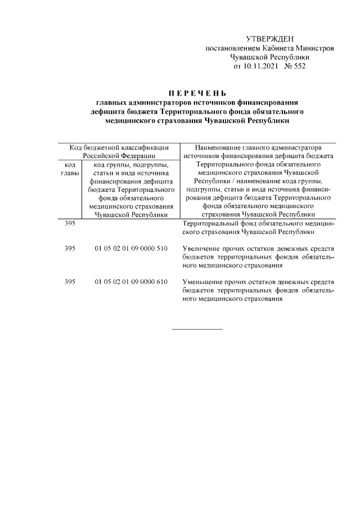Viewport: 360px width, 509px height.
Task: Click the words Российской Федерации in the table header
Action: click(x=118, y=156)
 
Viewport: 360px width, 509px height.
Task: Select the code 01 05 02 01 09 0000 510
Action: click(x=131, y=248)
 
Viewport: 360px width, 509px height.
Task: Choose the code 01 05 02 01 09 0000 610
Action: click(x=131, y=282)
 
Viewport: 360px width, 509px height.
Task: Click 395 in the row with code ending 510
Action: click(x=70, y=248)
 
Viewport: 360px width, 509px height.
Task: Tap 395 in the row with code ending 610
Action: click(x=70, y=282)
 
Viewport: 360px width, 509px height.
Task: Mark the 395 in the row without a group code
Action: click(x=70, y=223)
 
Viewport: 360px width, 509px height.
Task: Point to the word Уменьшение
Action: click(x=204, y=282)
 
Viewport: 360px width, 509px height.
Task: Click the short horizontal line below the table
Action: click(x=197, y=328)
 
